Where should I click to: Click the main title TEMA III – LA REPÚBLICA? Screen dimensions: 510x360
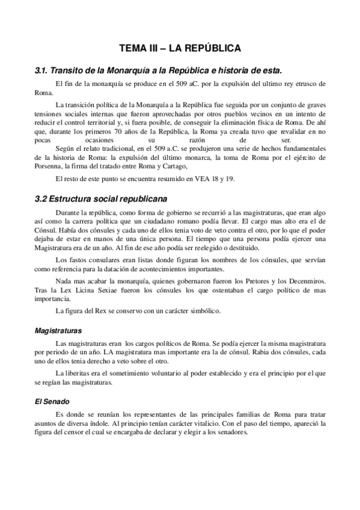pyautogui.click(x=180, y=47)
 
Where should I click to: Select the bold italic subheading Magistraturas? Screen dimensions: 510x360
pyautogui.click(x=58, y=331)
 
